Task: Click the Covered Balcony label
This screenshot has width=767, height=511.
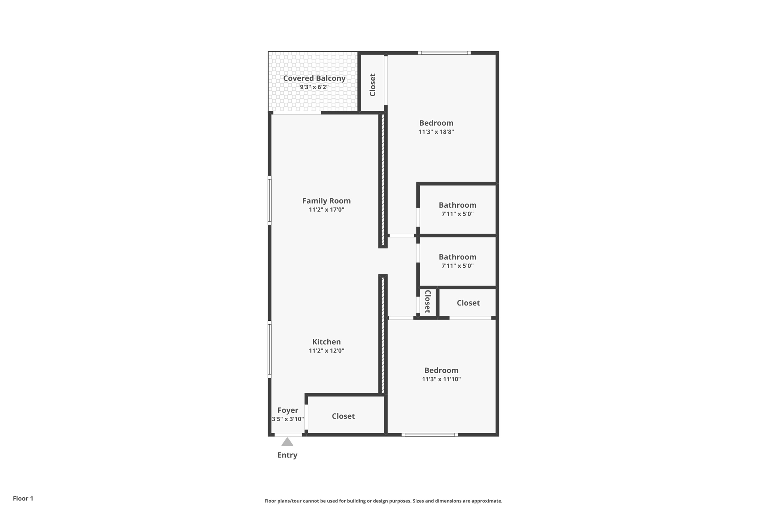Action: click(314, 78)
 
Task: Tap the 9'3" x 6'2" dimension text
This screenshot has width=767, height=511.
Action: click(314, 87)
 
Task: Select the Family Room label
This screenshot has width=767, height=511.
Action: click(326, 201)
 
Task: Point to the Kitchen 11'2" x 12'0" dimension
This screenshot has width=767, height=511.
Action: click(326, 351)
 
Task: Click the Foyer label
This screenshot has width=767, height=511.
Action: click(288, 410)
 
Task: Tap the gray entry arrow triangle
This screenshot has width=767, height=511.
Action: click(287, 442)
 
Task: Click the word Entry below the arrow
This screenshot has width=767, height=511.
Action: click(287, 455)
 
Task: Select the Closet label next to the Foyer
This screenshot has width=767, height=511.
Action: click(343, 416)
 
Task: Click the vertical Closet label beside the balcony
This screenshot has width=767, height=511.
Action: click(372, 85)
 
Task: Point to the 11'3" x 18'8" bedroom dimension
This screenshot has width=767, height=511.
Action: click(436, 132)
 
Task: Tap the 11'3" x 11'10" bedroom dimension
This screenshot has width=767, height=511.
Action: click(441, 379)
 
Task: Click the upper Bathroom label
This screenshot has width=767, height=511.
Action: click(457, 205)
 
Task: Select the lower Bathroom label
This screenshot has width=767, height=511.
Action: click(457, 257)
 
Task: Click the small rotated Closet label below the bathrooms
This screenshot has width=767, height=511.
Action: click(428, 301)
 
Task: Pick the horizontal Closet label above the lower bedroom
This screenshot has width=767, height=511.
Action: click(468, 303)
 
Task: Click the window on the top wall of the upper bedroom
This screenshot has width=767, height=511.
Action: click(444, 53)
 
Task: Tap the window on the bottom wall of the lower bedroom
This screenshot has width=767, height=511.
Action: click(430, 435)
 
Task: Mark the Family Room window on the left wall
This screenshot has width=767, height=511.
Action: click(270, 200)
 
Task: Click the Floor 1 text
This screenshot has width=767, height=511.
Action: click(23, 498)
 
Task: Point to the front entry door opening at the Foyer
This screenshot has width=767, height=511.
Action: click(288, 435)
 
